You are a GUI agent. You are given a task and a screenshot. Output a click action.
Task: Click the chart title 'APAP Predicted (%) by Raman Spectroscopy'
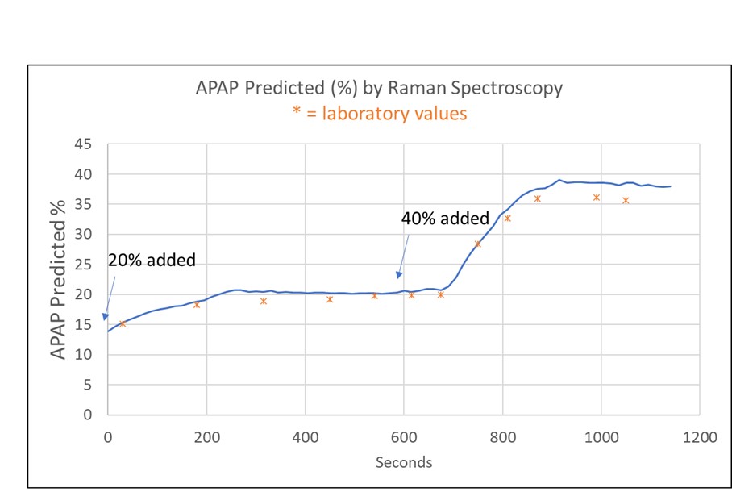coord(379,88)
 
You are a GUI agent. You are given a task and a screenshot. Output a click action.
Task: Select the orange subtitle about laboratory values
coord(379,113)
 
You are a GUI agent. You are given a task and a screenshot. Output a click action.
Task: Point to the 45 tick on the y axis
coord(83,144)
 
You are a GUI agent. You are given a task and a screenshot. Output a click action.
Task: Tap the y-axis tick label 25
coord(83,265)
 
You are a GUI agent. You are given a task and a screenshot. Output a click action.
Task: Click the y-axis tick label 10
coord(83,355)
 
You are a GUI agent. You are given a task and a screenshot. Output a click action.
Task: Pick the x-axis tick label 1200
coord(699,436)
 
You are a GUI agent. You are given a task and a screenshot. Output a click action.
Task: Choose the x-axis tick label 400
coord(305,436)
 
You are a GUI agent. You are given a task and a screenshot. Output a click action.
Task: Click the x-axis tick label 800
coord(502,436)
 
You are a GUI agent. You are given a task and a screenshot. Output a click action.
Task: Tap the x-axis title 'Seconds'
coord(403,462)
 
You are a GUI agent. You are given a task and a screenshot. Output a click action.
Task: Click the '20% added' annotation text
coord(152,261)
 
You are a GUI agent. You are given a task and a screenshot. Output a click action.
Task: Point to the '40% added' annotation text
coord(445,218)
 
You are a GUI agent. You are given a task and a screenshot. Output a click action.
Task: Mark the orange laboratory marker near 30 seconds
coord(123,323)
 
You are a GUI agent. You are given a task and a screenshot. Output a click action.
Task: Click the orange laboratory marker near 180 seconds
coord(197,305)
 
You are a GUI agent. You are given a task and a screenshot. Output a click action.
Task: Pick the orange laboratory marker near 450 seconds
coord(330,299)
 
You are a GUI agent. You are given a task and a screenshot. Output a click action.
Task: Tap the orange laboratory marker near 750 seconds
coord(477,244)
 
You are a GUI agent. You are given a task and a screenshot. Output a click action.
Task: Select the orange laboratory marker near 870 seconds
coord(537,198)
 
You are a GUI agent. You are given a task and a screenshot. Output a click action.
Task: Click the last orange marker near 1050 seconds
coord(626,200)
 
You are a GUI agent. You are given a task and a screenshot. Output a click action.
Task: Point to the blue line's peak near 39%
coord(559,180)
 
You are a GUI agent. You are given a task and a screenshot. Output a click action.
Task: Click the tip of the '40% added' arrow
coord(397,277)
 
